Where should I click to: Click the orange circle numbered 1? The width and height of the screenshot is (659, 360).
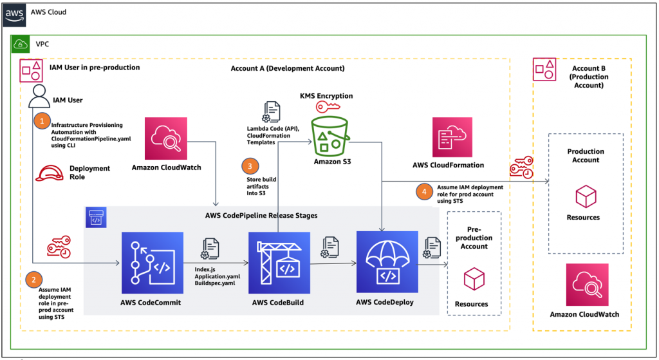(42, 120)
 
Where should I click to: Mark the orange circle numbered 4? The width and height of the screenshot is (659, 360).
(422, 191)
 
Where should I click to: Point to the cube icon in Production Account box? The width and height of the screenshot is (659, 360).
(586, 196)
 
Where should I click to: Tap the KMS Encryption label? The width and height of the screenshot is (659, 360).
(326, 95)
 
